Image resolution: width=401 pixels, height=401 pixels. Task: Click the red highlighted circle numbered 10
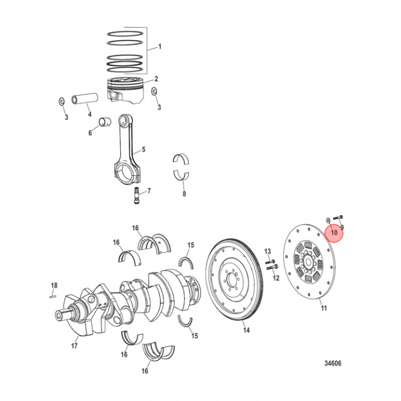point(335,232)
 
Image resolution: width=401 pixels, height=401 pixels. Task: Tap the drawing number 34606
point(332,364)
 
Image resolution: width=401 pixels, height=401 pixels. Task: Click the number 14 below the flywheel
point(246,330)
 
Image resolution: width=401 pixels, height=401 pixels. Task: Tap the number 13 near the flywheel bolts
point(267,251)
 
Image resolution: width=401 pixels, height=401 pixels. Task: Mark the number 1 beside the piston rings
point(159,47)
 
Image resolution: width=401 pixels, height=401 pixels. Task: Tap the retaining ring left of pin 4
point(62,101)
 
